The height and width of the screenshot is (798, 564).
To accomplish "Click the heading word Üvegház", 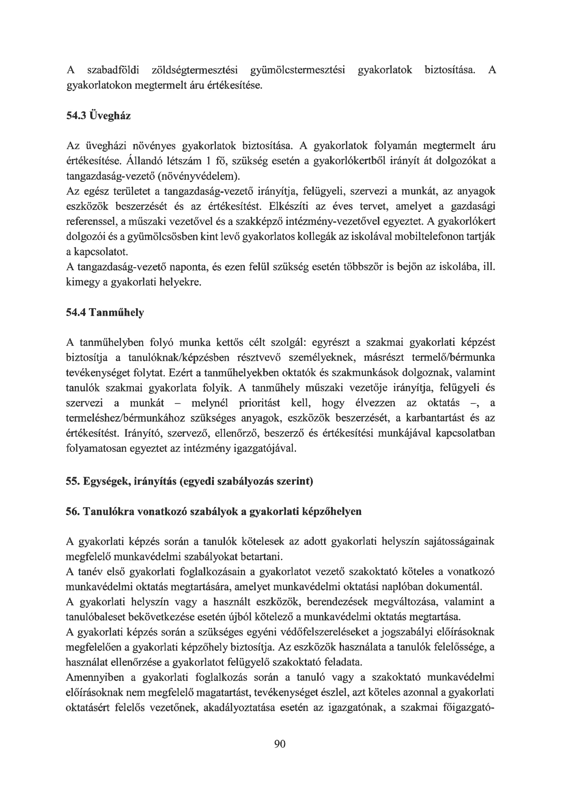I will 110,115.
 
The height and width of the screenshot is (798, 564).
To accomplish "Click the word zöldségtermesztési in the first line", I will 195,70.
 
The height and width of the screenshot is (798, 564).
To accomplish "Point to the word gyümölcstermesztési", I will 298,70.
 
